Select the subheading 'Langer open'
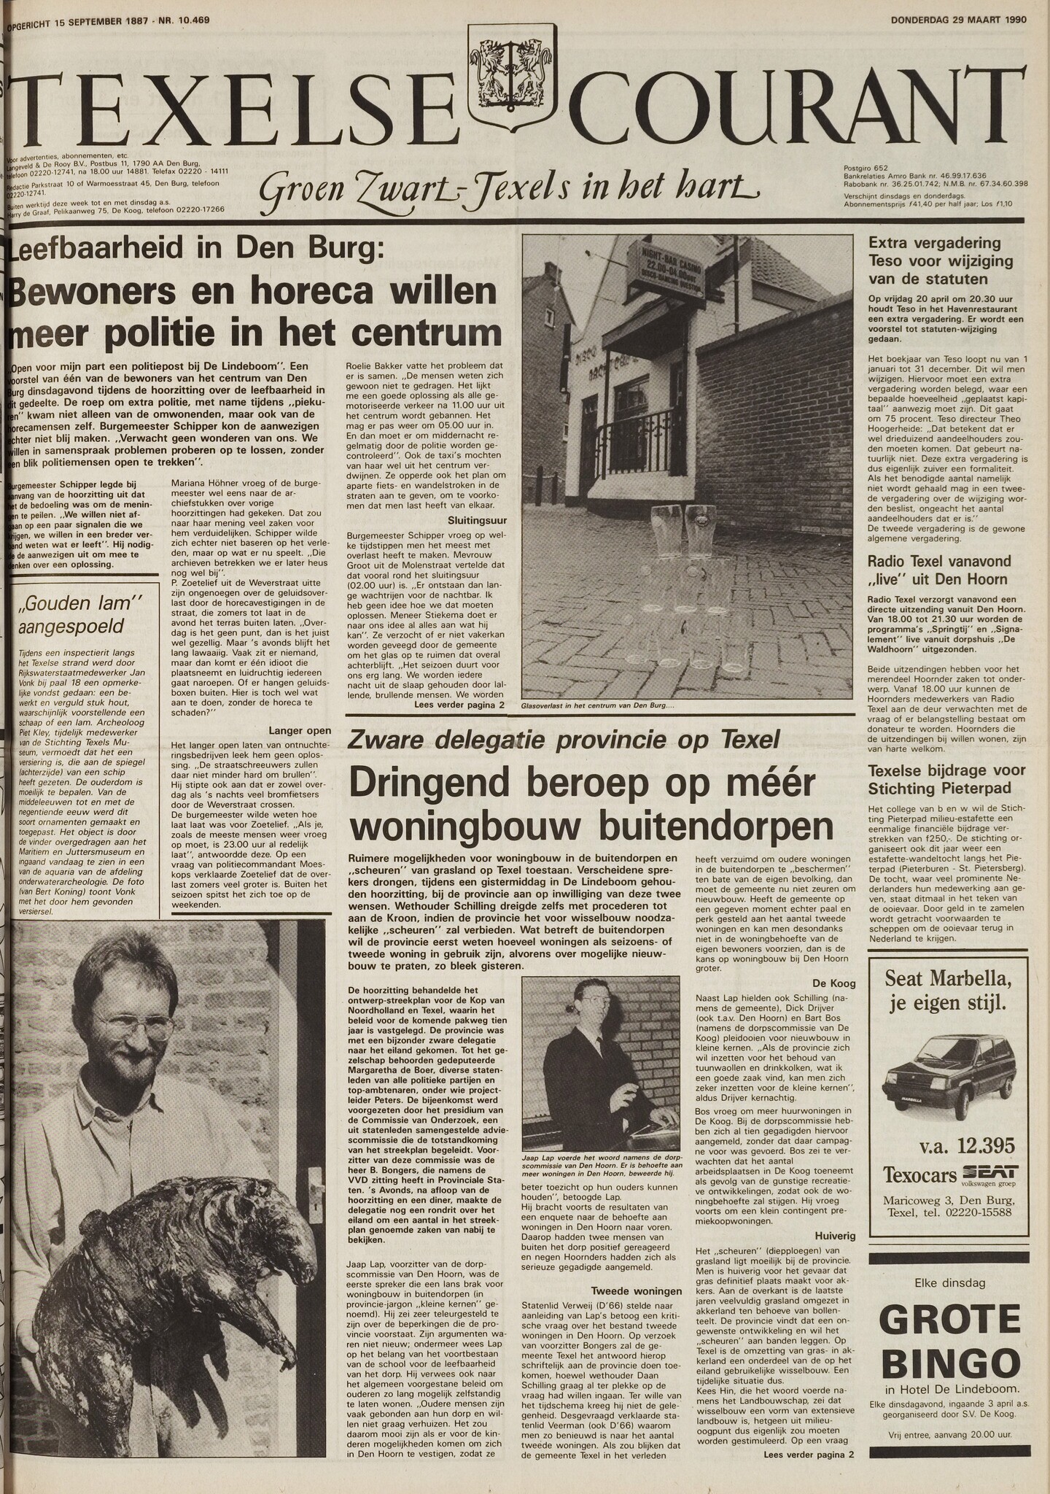point(300,730)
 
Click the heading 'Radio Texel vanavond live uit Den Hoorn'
point(939,570)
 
